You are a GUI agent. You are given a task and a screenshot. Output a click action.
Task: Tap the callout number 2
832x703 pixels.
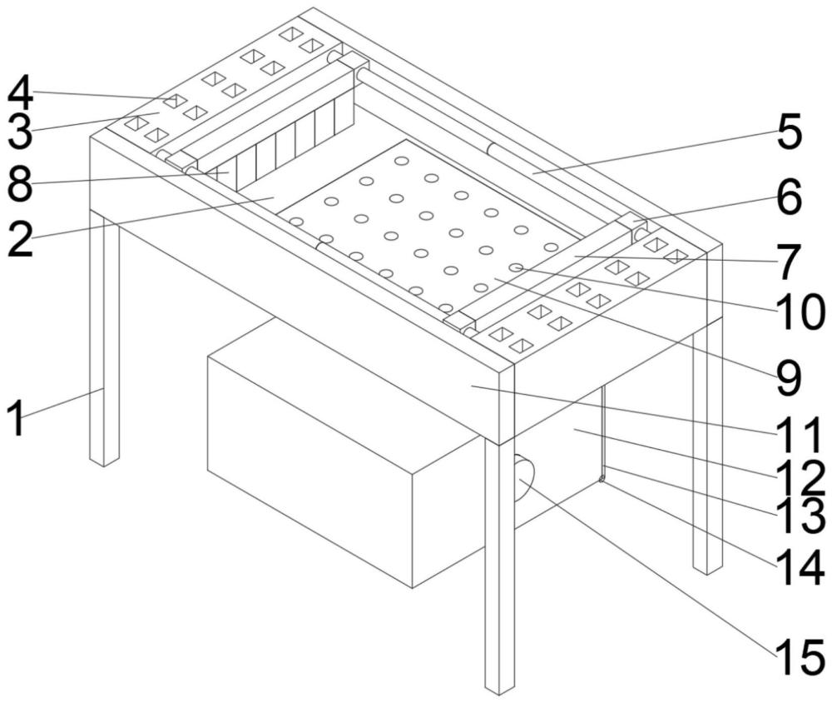pos(20,239)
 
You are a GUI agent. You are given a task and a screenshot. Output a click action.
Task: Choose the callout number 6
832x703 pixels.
pos(789,197)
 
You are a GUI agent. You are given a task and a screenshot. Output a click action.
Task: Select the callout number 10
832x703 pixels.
pos(800,312)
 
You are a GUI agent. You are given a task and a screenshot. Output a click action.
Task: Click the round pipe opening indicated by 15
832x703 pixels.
pos(525,478)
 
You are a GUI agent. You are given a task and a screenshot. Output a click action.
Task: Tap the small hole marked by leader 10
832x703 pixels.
pos(516,267)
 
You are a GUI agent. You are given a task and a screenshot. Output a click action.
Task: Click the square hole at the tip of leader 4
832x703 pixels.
pos(174,101)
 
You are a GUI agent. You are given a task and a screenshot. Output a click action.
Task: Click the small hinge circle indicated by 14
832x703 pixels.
pos(602,480)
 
